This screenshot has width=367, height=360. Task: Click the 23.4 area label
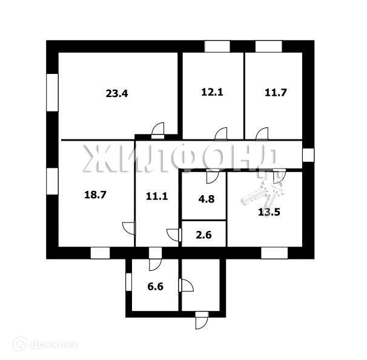tap(118, 94)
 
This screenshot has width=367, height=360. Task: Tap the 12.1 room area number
tap(213, 93)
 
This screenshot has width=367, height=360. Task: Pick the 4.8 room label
tap(203, 196)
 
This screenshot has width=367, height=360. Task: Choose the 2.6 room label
tap(203, 235)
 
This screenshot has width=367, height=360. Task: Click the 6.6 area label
tap(156, 284)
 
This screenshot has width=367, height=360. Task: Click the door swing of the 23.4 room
tap(158, 128)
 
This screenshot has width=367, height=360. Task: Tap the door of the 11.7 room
tap(262, 133)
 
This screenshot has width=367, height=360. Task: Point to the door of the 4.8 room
tap(212, 176)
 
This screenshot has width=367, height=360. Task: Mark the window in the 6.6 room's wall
tap(128, 282)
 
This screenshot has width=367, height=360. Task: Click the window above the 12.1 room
tap(217, 46)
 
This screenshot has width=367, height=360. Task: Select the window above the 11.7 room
tap(268, 46)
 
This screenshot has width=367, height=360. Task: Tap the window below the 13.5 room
tap(269, 253)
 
